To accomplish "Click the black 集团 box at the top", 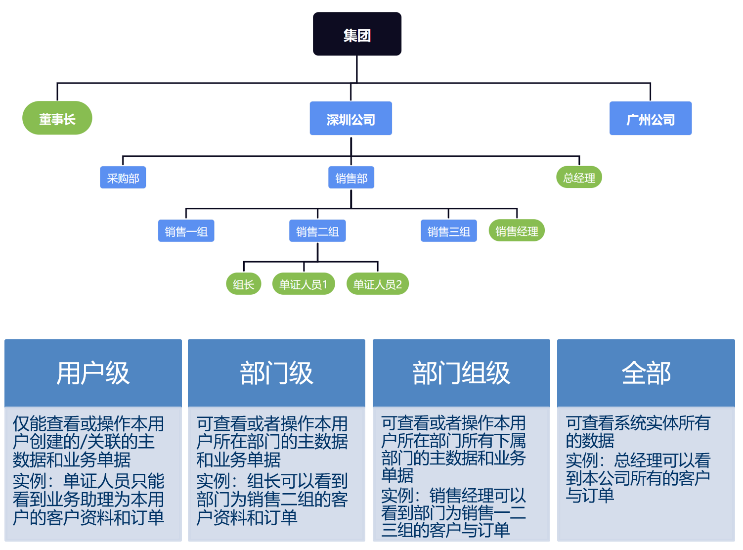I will point(357,34).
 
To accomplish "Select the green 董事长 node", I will point(57,118).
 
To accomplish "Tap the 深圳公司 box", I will point(350,119).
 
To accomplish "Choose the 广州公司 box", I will point(650,119).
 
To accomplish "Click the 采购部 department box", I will point(123,178).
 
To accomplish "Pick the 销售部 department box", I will point(351,178).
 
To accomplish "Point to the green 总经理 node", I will point(579,178).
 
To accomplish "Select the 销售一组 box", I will point(186,231).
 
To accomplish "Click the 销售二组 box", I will point(317,231).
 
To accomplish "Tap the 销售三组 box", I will point(448,231).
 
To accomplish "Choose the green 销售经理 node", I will point(517,231).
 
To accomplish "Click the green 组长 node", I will point(244,284).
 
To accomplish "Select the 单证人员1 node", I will point(304,284).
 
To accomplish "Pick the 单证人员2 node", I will point(378,284).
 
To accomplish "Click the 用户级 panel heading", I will point(93,373).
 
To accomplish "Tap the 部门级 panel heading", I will point(276,373).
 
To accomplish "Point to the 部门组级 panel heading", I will point(461,373).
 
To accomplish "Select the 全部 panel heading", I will point(646,373).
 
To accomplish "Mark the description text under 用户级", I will point(89,470).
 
